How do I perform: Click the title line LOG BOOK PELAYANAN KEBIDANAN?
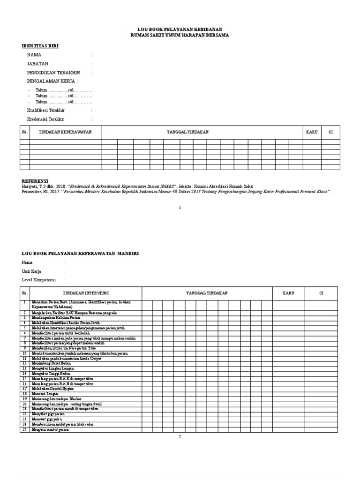[180, 29]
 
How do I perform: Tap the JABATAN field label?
[37, 64]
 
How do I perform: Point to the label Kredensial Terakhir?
[45, 119]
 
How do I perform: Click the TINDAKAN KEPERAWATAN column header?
[65, 132]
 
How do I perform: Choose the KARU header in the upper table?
[312, 132]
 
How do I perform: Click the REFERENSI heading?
[35, 180]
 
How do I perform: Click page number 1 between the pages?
[180, 208]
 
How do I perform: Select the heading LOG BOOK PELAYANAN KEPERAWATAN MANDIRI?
[80, 254]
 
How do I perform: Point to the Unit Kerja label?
[32, 271]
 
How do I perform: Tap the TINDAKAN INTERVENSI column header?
[82, 293]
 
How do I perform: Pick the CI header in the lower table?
[321, 293]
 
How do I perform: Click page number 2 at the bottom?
[180, 437]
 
